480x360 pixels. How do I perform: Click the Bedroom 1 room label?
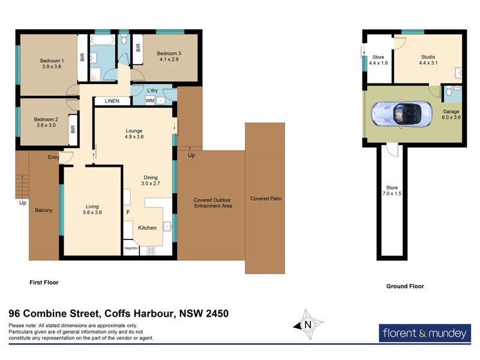[52, 61]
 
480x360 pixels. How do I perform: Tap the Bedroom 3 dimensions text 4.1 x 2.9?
[170, 59]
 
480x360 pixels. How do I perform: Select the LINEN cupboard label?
[110, 101]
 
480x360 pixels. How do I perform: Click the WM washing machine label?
[149, 101]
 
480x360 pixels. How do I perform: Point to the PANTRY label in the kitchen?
[131, 248]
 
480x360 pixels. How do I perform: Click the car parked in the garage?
[400, 113]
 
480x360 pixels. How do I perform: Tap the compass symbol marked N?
[308, 325]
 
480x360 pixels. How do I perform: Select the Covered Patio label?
[265, 199]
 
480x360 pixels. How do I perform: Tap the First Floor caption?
[44, 281]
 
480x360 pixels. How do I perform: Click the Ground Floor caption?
[404, 286]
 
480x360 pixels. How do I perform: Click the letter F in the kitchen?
[127, 212]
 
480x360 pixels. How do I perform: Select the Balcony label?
[44, 210]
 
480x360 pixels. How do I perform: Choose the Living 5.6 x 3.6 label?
[92, 208]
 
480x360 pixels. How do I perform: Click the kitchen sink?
[167, 226]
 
